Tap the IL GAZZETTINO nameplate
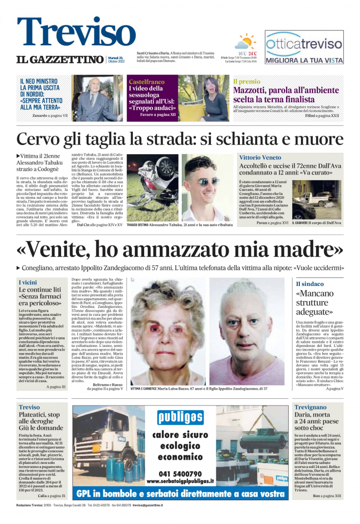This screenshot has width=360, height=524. [60, 60]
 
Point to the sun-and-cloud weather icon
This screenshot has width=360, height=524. [246, 41]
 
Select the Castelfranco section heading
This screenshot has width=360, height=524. [147, 81]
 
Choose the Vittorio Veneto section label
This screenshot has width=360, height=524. [264, 158]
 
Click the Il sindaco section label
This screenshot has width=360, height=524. [310, 284]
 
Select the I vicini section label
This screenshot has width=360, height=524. [27, 282]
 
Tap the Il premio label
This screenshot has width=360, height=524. [246, 81]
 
